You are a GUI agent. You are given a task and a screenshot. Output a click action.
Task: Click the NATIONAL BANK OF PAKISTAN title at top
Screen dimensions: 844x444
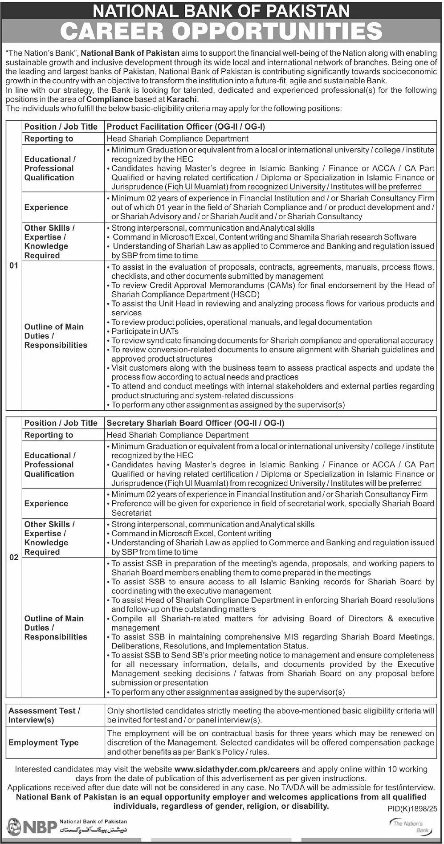tap(222, 10)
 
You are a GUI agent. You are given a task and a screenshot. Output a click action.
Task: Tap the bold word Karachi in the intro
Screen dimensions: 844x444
tap(183, 99)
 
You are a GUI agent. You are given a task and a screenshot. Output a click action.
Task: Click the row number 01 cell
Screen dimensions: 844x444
tap(14, 265)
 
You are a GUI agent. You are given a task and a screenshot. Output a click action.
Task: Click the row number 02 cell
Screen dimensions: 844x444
tap(14, 557)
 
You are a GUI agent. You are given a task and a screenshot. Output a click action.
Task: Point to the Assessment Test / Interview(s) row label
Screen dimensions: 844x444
tap(45, 715)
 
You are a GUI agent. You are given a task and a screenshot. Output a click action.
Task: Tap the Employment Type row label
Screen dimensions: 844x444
tap(44, 742)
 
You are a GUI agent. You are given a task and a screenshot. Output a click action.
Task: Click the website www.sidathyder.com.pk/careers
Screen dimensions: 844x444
tap(237, 769)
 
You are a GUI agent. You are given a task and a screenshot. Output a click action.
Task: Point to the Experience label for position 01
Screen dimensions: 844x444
tap(46, 207)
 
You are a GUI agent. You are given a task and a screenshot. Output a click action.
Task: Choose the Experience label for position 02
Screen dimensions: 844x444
tap(46, 503)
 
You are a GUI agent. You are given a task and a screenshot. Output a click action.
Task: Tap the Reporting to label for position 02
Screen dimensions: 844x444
tap(49, 435)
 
